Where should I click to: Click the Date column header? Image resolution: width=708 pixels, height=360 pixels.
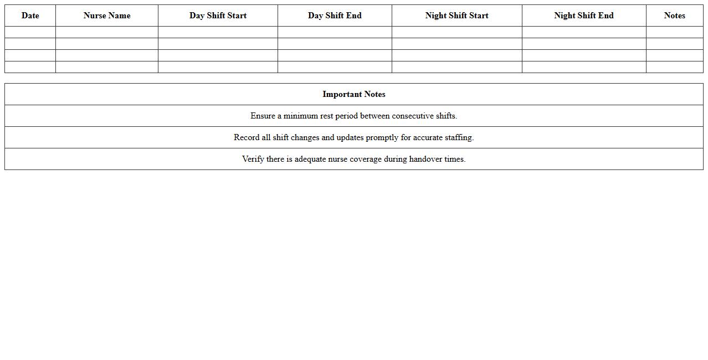[30, 16]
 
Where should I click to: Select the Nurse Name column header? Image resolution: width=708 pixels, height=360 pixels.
[107, 16]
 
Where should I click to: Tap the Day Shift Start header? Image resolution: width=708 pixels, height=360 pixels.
[218, 16]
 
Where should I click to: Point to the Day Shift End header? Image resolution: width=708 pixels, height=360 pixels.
[335, 16]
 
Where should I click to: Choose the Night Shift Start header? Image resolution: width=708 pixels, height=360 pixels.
[456, 16]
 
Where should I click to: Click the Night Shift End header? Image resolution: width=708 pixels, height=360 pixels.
[584, 16]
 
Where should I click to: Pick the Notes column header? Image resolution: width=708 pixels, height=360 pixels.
[674, 16]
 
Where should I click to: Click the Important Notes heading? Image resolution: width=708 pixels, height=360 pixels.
[354, 94]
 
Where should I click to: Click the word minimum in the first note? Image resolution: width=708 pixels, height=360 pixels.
[301, 116]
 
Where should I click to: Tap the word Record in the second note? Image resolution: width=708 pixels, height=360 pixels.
[247, 137]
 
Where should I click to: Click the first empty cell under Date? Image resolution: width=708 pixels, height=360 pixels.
[30, 32]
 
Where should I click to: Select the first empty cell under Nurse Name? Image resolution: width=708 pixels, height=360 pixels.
[107, 32]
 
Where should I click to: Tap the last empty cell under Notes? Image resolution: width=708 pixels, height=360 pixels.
[674, 67]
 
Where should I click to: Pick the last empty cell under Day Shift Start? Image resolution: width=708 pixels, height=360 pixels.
[218, 67]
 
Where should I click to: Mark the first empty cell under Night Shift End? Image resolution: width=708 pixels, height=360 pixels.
[584, 32]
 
